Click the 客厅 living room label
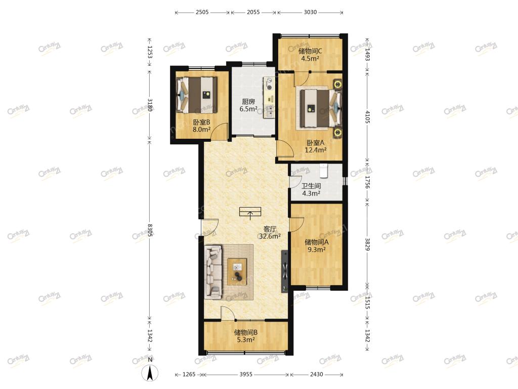tap(270, 229)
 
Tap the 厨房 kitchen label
tap(248, 101)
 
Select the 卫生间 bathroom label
tap(311, 186)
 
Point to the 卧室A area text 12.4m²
tap(316, 150)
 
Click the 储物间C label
tap(310, 51)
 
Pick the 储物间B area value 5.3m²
tap(246, 340)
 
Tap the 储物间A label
tap(317, 242)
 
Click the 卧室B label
tap(201, 122)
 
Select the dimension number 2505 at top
tap(202, 12)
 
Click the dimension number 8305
tap(150, 230)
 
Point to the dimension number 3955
tap(246, 374)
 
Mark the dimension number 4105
tap(368, 117)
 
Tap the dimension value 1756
tap(368, 182)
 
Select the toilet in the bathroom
tap(323, 170)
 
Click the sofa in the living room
tap(213, 271)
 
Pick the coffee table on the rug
tap(237, 271)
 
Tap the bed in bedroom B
tap(197, 95)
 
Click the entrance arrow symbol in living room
tap(250, 213)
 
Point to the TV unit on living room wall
tap(285, 271)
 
